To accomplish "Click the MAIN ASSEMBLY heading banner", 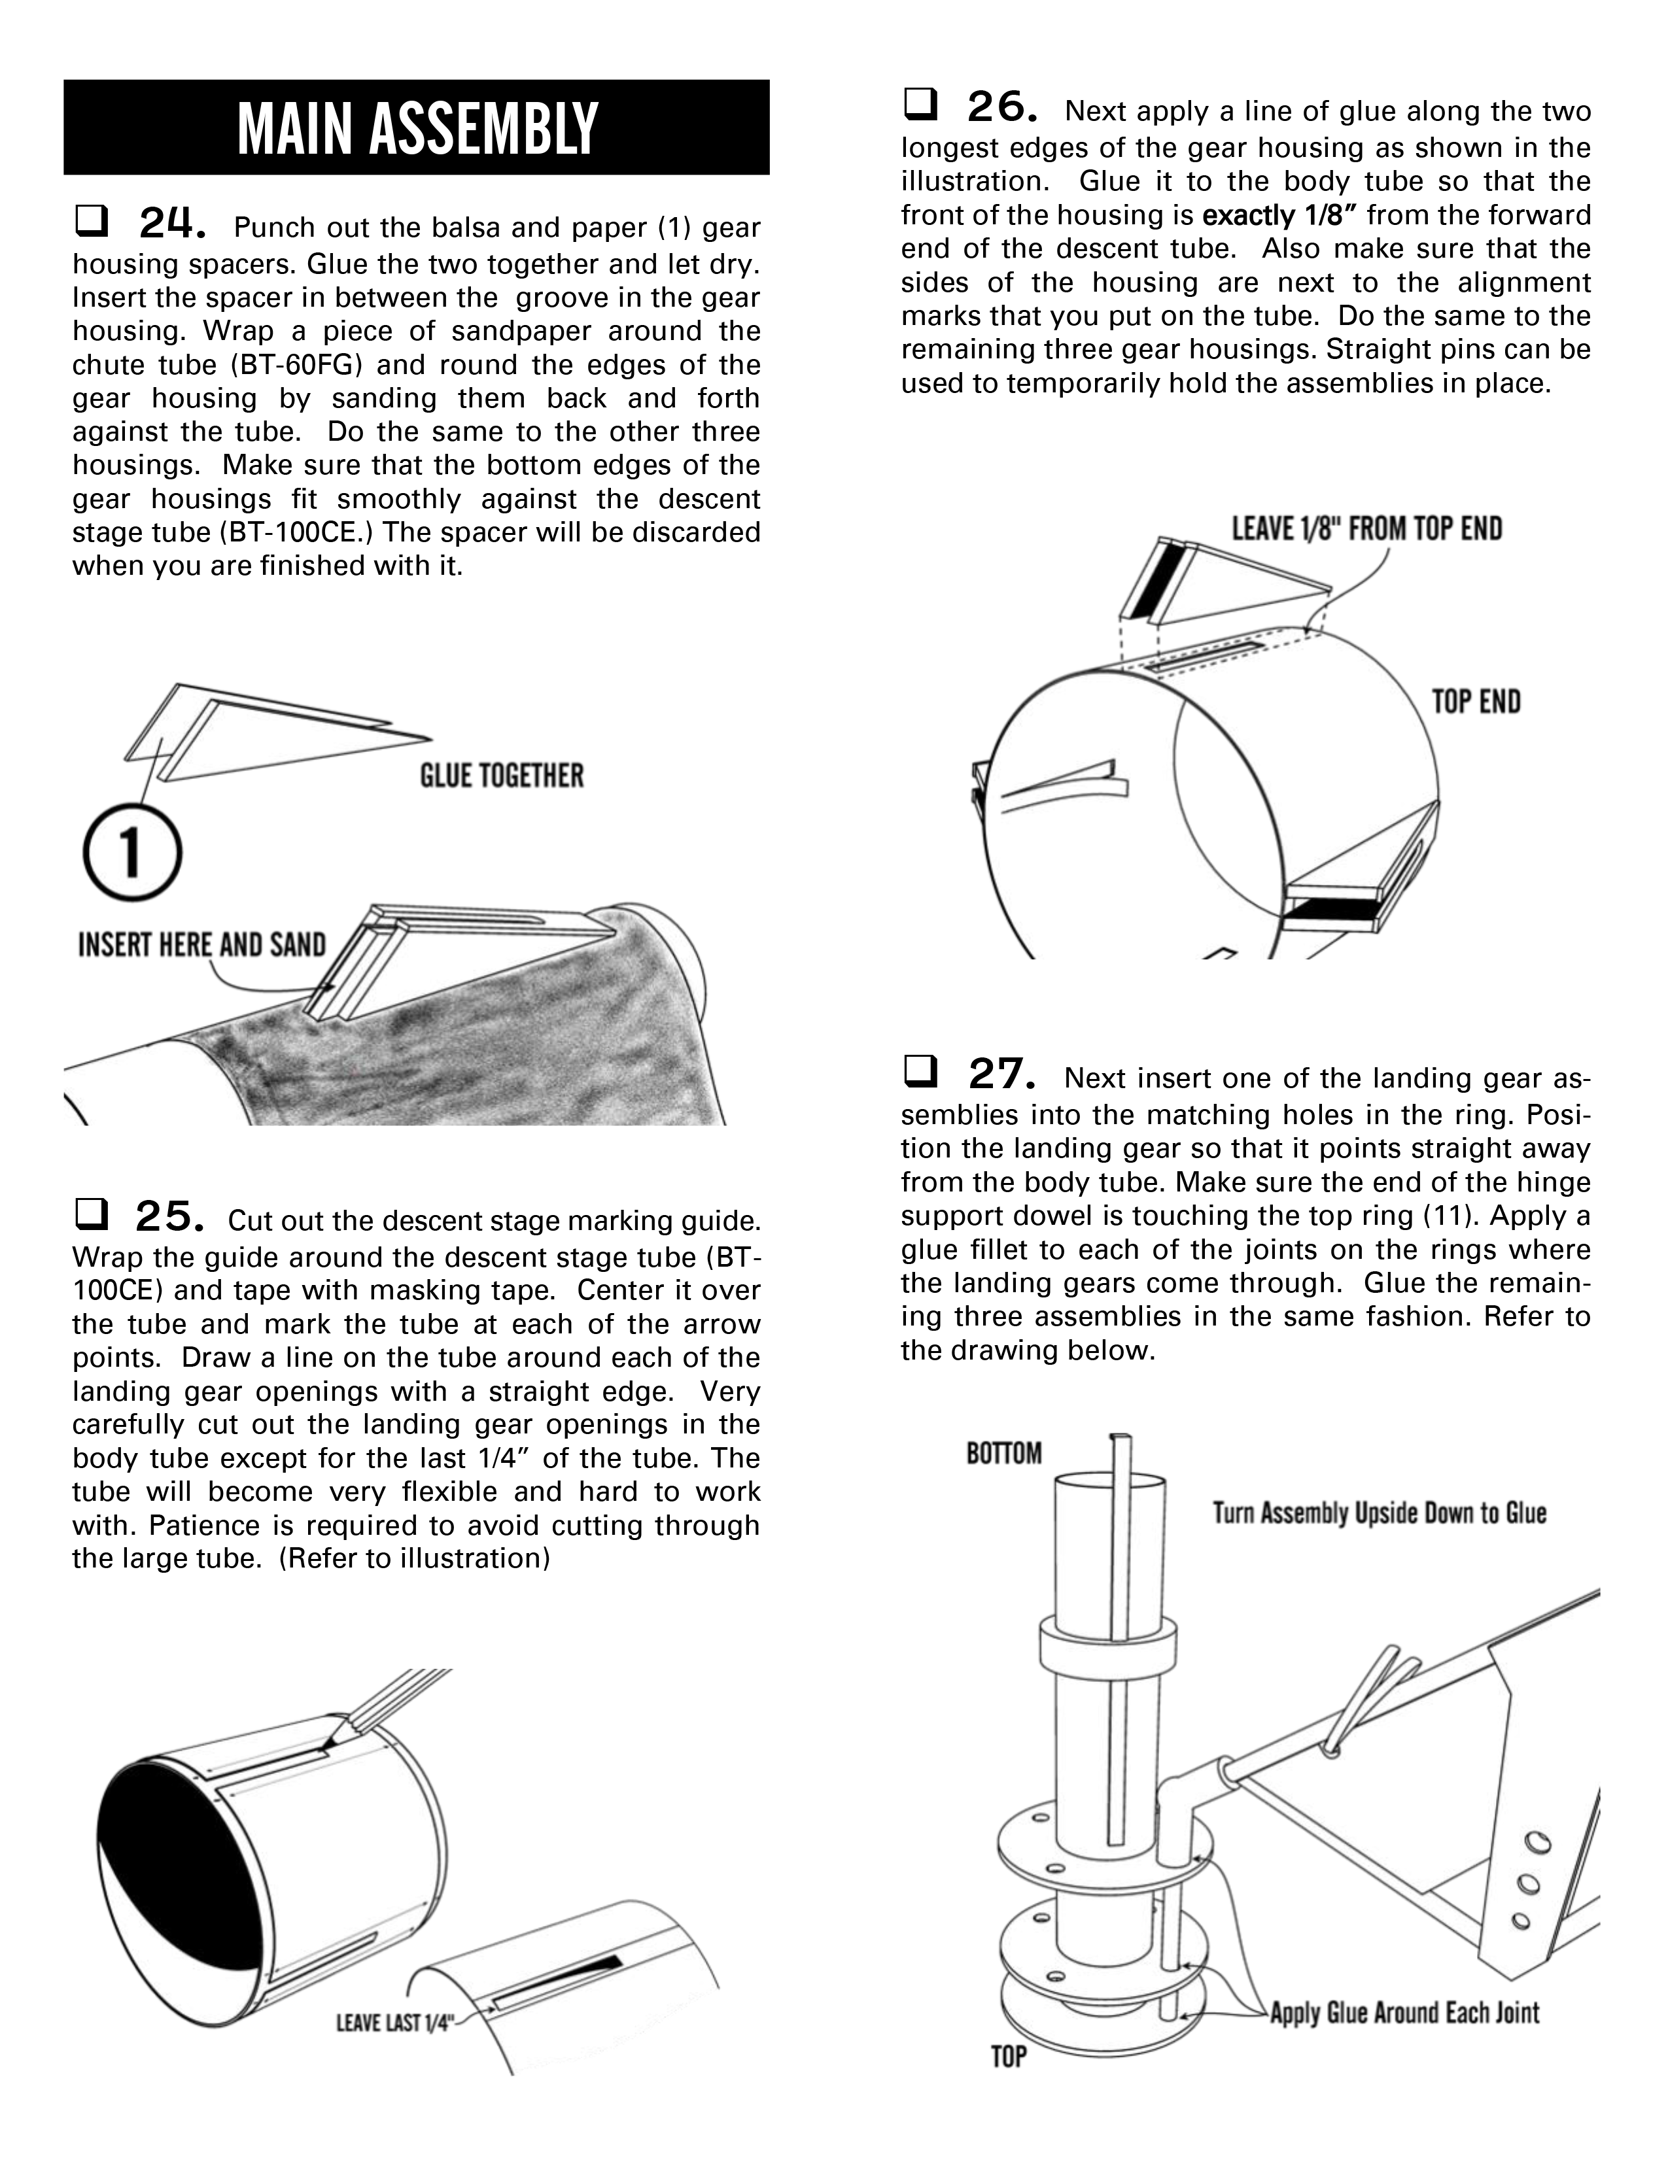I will point(416,128).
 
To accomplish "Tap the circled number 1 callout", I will point(131,851).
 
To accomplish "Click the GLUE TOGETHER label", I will point(501,776).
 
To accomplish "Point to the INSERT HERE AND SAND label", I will point(201,945).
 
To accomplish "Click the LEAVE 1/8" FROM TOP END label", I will point(1366,528).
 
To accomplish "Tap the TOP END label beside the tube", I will point(1476,702).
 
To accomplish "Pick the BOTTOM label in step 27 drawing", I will point(1004,1454).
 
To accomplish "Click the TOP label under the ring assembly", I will point(1009,2057).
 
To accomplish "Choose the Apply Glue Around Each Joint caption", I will point(1404,2013).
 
